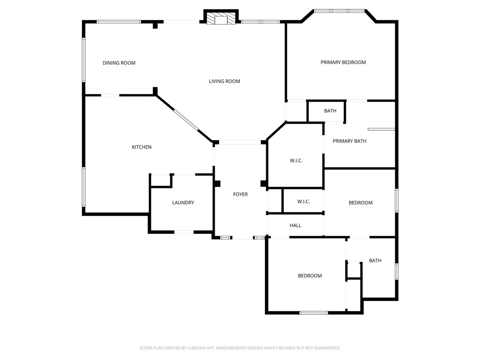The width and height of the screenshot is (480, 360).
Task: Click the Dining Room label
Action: point(119,63)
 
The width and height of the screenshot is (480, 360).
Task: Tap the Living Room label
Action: point(225,81)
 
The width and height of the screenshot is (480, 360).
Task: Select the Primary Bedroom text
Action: point(343,62)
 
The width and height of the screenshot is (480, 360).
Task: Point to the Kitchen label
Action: point(142,147)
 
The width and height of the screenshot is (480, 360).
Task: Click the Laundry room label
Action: point(183,202)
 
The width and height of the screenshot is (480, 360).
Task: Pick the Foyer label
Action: point(240,194)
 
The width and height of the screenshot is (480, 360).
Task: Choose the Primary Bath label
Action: point(349,141)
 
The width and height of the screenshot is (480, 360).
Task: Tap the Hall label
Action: point(295,225)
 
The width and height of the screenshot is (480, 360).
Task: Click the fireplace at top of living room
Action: point(221,19)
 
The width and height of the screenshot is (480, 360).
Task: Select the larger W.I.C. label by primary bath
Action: point(296,161)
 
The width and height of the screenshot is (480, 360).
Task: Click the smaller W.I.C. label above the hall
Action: point(304,202)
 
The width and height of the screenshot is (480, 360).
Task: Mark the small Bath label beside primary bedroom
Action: point(330,111)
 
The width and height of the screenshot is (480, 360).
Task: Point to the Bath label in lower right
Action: point(375,261)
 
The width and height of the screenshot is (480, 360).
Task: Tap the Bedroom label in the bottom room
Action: point(310,276)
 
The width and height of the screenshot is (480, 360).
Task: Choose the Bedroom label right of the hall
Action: point(360,202)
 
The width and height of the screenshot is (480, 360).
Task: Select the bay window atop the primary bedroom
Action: point(339,10)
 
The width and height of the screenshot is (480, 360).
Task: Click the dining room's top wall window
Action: point(119,22)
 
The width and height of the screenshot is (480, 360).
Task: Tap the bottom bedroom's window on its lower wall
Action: point(314,313)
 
